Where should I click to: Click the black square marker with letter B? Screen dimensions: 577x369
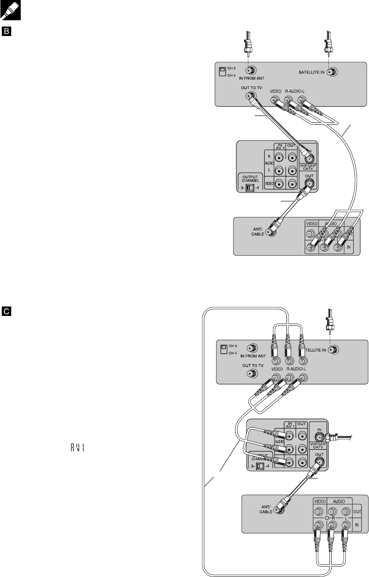pos(7,32)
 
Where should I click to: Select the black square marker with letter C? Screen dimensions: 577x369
pos(7,311)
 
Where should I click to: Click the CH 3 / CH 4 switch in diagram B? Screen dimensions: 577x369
pos(222,71)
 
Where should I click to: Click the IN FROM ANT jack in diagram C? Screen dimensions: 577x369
pos(253,348)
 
